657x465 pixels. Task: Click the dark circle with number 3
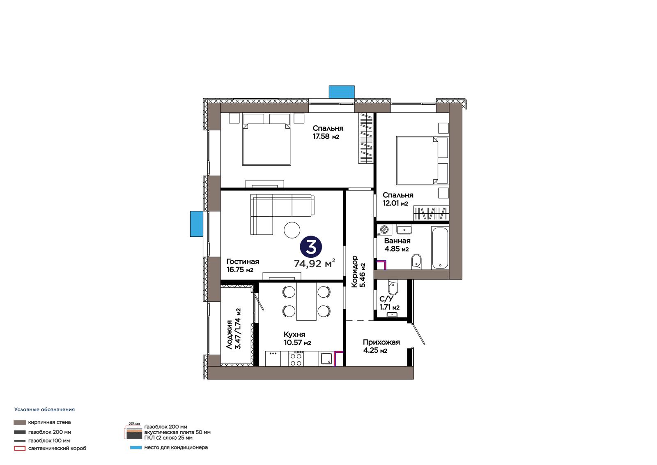click(310, 248)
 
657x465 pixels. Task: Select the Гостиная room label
click(243, 261)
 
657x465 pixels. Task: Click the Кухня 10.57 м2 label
click(297, 338)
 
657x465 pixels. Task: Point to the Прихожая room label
click(381, 342)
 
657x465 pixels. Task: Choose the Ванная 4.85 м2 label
click(397, 245)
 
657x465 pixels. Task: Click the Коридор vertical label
click(355, 271)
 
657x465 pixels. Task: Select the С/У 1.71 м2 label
click(389, 303)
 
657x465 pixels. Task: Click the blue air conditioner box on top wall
click(341, 92)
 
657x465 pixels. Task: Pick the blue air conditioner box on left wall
click(197, 224)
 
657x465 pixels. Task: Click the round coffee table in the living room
click(292, 230)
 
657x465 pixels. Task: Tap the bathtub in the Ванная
click(440, 248)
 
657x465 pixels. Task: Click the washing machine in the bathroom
click(384, 229)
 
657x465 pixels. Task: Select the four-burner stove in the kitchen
click(296, 359)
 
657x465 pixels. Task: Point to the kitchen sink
click(326, 359)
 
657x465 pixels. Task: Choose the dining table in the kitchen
click(306, 301)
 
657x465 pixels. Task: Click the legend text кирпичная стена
click(49, 422)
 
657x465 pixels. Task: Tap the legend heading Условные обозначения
click(45, 409)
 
